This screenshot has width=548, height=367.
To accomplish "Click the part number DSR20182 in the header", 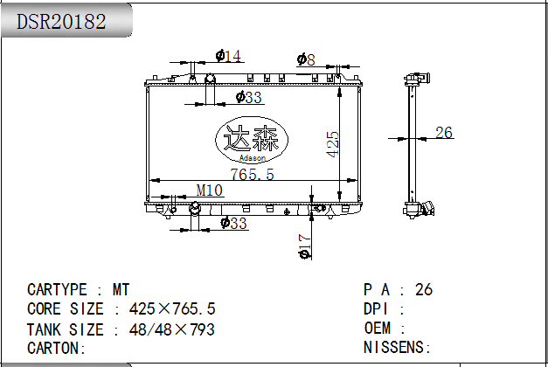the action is (x=61, y=22).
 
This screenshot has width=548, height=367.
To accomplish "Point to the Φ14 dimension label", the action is (x=229, y=56).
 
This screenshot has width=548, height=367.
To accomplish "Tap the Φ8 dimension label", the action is (x=306, y=59).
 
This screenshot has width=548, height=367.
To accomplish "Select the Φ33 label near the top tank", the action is (x=248, y=97).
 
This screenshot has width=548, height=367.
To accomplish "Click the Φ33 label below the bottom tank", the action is (x=234, y=223).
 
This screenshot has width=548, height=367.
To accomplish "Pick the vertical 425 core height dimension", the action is (x=333, y=144).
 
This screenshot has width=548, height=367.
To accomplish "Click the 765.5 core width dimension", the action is (x=252, y=174).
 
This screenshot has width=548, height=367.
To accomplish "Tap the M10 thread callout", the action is (x=210, y=190).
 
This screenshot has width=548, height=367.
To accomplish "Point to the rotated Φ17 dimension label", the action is (x=304, y=246).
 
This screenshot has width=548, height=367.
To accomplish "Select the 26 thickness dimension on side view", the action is (x=444, y=133).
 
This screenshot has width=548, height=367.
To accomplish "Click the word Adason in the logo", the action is (x=252, y=158).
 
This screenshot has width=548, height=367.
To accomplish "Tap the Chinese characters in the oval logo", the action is (x=251, y=138).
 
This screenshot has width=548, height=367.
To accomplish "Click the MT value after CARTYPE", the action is (x=121, y=290).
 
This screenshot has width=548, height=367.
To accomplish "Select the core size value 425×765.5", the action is (x=172, y=309).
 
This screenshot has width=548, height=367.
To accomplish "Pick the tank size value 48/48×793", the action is (x=172, y=329).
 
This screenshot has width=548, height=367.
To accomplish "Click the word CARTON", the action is (x=53, y=348).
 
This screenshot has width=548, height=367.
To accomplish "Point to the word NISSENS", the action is (x=394, y=348).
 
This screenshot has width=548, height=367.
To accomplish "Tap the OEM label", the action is (x=378, y=329).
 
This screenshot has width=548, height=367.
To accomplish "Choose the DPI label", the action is (x=376, y=309).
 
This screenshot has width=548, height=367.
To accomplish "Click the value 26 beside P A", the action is (x=424, y=290).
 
